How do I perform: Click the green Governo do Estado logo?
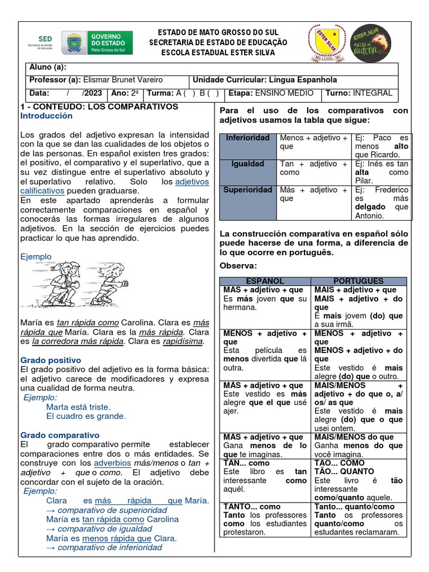pyautogui.click(x=98, y=42)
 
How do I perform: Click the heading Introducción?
pyautogui.click(x=46, y=116)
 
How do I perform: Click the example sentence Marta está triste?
pyautogui.click(x=78, y=407)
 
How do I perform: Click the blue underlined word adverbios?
pyautogui.click(x=112, y=463)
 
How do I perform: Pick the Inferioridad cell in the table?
pyautogui.click(x=247, y=137)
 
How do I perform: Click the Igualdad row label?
pyautogui.click(x=247, y=164)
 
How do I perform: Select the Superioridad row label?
pyautogui.click(x=247, y=190)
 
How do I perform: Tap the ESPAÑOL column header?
pyautogui.click(x=265, y=281)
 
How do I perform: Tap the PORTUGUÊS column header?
pyautogui.click(x=358, y=281)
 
